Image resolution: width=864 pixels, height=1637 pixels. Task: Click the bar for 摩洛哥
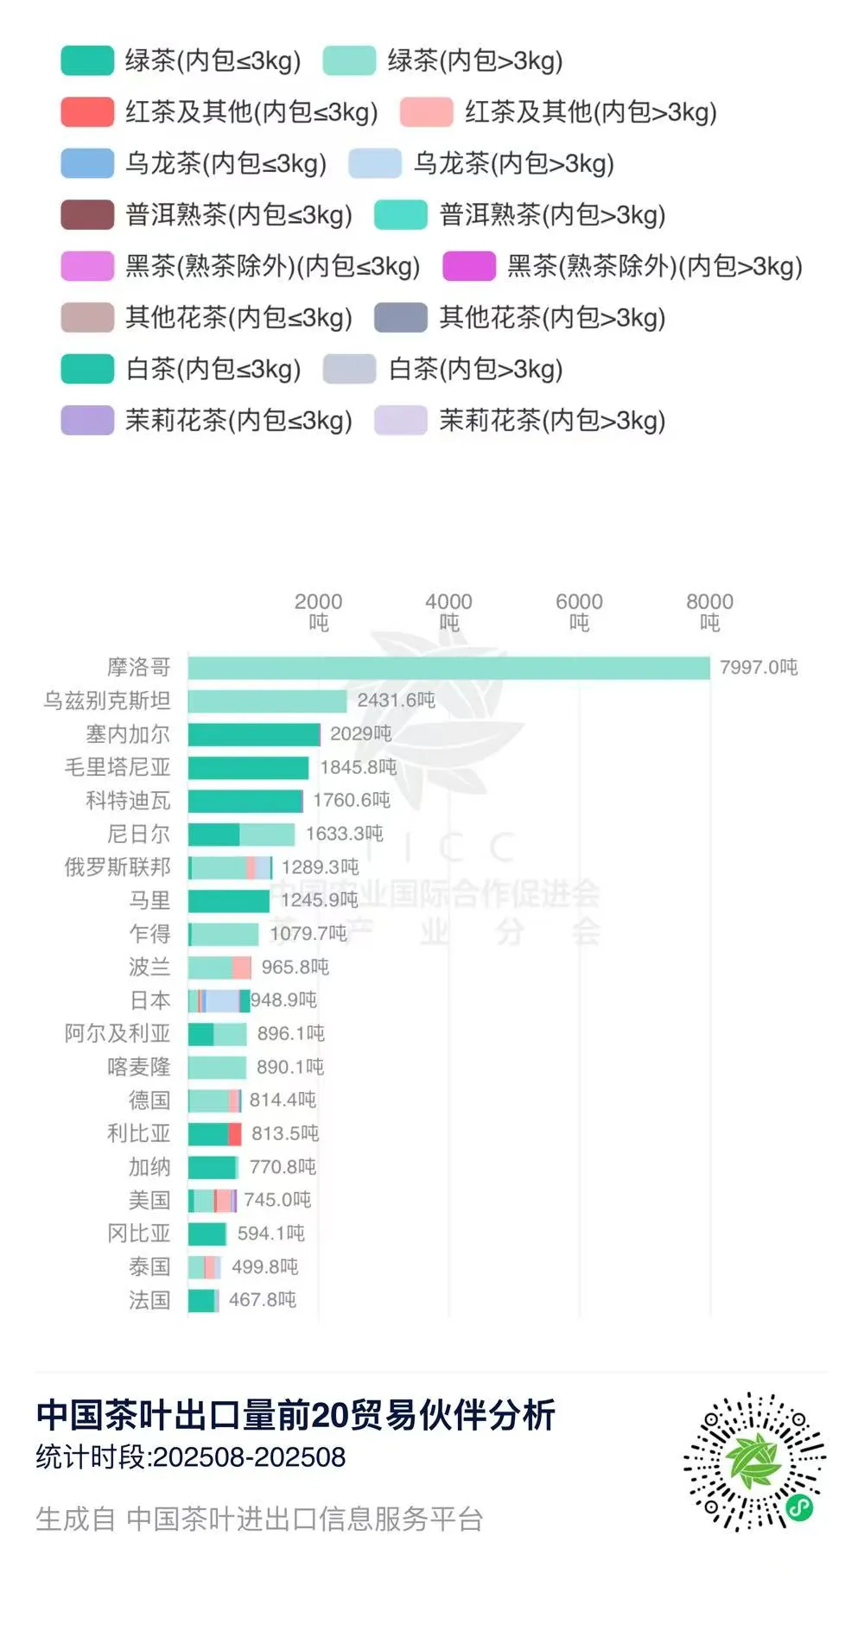pyautogui.click(x=448, y=668)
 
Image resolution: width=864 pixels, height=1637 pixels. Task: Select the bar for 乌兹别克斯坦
pyautogui.click(x=267, y=701)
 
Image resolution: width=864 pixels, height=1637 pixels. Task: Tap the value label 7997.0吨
pyautogui.click(x=759, y=668)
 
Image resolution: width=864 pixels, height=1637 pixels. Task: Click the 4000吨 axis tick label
pyautogui.click(x=448, y=612)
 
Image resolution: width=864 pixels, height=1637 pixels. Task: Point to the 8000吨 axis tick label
pyautogui.click(x=709, y=612)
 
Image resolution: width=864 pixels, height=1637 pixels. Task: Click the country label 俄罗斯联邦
pyautogui.click(x=118, y=867)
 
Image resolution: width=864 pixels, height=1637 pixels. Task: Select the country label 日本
pyautogui.click(x=149, y=1000)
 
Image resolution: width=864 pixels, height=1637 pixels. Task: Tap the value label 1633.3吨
pyautogui.click(x=344, y=834)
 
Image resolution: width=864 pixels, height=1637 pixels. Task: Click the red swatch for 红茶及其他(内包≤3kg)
pyautogui.click(x=87, y=112)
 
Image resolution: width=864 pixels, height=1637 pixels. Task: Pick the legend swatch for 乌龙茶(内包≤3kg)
pyautogui.click(x=87, y=163)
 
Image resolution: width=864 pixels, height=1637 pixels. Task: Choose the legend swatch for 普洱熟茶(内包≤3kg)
pyautogui.click(x=87, y=215)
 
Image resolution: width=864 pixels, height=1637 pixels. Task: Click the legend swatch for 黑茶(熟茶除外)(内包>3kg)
pyautogui.click(x=469, y=266)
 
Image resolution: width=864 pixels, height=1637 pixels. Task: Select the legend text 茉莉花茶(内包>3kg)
pyautogui.click(x=552, y=421)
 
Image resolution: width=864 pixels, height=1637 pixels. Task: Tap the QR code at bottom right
pyautogui.click(x=754, y=1462)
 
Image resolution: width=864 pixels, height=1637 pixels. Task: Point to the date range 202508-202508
pyautogui.click(x=249, y=1457)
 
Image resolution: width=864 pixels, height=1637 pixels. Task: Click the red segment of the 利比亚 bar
pyautogui.click(x=235, y=1133)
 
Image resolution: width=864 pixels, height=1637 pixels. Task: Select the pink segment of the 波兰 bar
pyautogui.click(x=242, y=968)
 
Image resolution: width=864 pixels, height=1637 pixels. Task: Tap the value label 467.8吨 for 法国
pyautogui.click(x=263, y=1300)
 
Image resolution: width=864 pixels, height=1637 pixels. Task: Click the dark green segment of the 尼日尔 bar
pyautogui.click(x=213, y=834)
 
